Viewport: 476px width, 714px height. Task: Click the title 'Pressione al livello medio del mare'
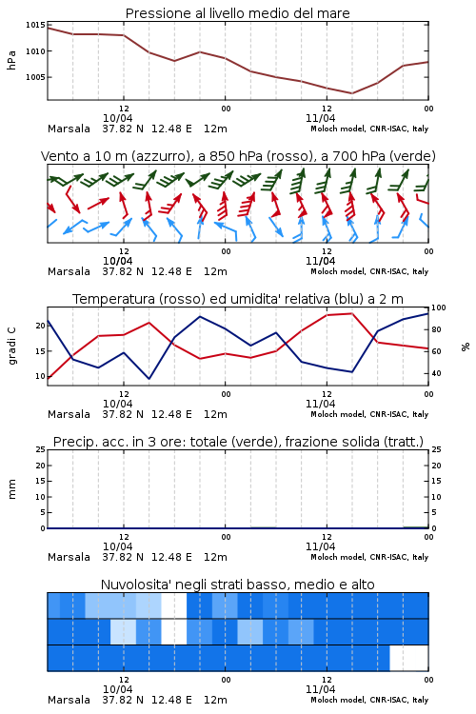237,13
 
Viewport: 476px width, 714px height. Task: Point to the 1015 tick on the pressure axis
35,25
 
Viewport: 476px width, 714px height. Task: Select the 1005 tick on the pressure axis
35,77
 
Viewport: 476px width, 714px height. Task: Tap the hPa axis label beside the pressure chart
11,60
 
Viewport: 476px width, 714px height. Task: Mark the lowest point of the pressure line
351,93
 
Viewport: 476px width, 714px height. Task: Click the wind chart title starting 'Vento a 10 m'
238,156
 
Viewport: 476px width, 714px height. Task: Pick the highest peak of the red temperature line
351,313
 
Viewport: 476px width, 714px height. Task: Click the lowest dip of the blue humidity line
149,379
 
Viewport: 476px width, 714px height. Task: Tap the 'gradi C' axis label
12,346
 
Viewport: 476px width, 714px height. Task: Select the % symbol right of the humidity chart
466,347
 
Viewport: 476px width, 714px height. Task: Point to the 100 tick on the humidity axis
438,307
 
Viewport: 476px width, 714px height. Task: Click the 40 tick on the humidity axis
436,373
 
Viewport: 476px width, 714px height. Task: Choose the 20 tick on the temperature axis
41,326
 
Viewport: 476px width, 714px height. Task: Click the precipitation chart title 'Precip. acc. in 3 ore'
238,442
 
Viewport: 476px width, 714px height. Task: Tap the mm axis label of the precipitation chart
11,489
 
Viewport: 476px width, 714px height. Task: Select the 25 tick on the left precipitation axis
41,449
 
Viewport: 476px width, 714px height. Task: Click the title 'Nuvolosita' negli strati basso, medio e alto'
237,585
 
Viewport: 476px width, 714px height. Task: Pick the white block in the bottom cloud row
409,658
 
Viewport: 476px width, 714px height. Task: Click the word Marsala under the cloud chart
69,700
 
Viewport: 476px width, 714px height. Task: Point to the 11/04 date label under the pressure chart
320,118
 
